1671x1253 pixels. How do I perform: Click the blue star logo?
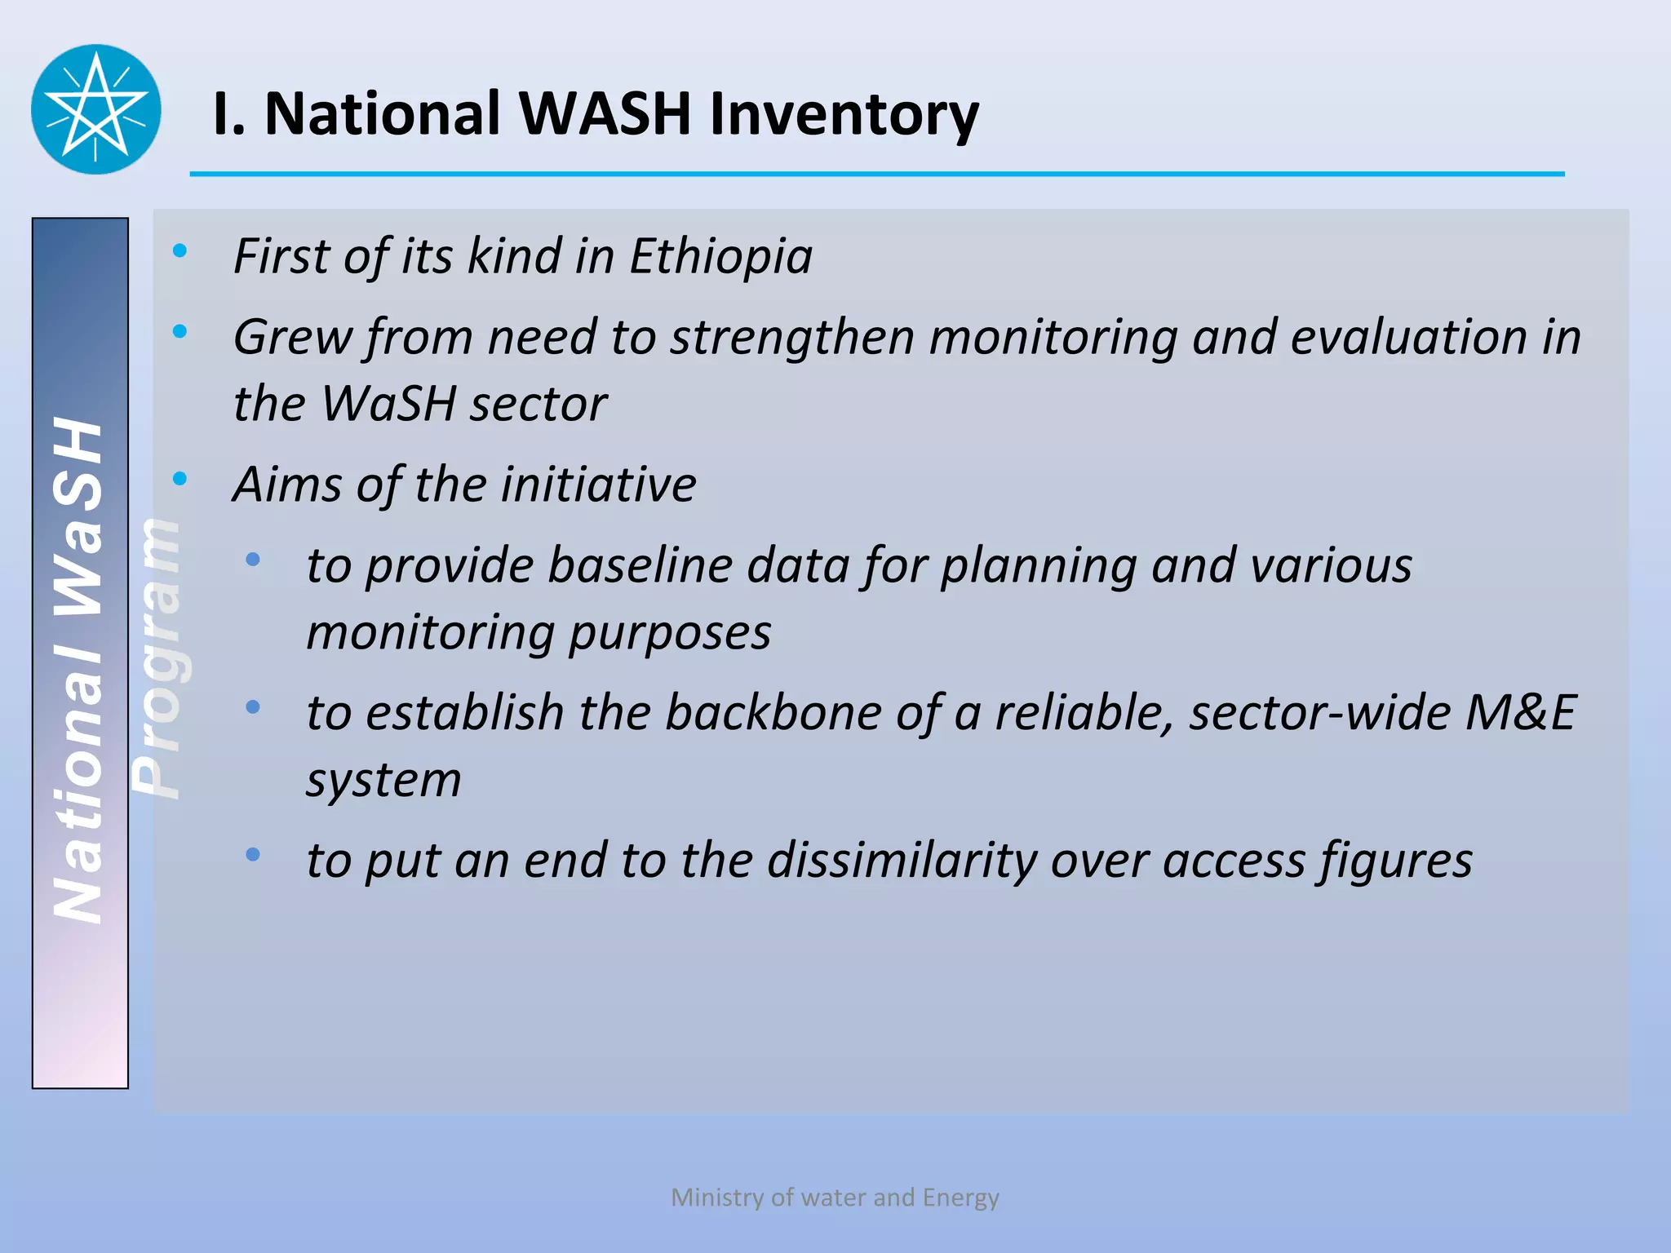(96, 109)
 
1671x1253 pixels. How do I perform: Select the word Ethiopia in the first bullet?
(720, 257)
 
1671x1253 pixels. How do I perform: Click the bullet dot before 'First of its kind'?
(180, 250)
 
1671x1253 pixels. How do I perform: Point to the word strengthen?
(791, 338)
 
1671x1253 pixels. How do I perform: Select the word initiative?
(598, 485)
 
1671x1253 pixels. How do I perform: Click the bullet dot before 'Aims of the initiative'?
(180, 479)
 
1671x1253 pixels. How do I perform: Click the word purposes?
(669, 634)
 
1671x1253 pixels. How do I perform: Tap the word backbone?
(773, 713)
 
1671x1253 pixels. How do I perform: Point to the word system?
(383, 781)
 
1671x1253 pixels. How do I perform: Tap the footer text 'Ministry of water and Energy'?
(835, 1198)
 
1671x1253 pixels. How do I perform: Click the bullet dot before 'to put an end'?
(253, 855)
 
